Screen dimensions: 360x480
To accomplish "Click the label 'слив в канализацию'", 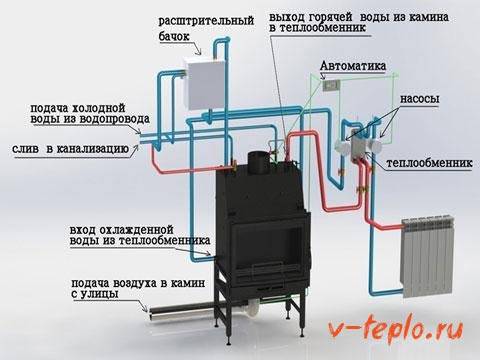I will pos(70,149).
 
